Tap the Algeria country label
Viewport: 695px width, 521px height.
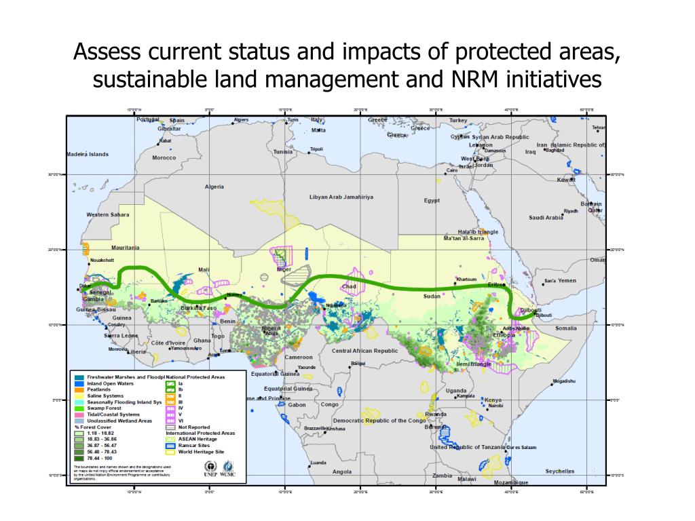[x=214, y=187]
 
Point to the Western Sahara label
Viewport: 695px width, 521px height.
[x=107, y=215]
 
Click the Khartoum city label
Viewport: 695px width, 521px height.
[x=467, y=279]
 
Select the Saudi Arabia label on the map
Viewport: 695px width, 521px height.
[x=546, y=218]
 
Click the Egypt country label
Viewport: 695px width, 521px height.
[x=432, y=200]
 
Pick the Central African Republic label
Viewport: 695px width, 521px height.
[x=364, y=351]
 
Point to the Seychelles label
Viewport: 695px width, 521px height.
[x=559, y=471]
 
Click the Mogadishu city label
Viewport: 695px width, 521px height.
[x=564, y=381]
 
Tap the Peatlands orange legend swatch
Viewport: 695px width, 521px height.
[x=79, y=390]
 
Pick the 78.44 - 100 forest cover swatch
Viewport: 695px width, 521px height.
[x=79, y=458]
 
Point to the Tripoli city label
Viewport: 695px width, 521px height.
[x=316, y=149]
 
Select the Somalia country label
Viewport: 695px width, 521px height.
[x=566, y=328]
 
